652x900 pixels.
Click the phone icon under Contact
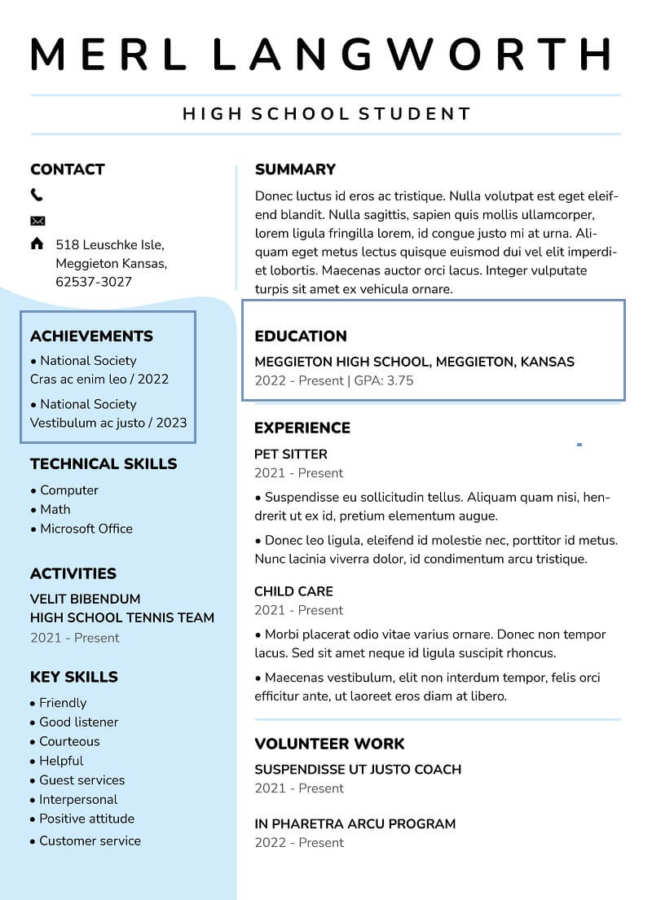pos(37,195)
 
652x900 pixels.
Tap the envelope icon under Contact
pos(37,221)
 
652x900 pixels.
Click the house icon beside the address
pos(37,244)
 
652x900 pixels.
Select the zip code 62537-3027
pos(94,282)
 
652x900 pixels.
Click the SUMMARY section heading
pos(295,169)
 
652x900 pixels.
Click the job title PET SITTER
pos(291,454)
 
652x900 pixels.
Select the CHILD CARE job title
pos(293,591)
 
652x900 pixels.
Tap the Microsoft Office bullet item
pos(86,529)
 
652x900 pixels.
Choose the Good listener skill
pos(78,722)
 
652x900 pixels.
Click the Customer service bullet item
pos(90,841)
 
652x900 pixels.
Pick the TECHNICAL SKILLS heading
pos(104,464)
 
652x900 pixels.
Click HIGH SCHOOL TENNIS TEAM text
pos(122,617)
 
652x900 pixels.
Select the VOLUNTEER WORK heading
pos(329,744)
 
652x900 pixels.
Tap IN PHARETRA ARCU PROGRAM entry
pos(355,823)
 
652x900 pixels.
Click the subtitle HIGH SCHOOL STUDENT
pos(327,114)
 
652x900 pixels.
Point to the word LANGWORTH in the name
pos(412,54)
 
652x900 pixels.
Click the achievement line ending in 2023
pos(108,423)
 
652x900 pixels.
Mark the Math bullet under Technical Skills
pos(55,509)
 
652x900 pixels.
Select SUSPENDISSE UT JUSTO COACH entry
pos(358,769)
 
